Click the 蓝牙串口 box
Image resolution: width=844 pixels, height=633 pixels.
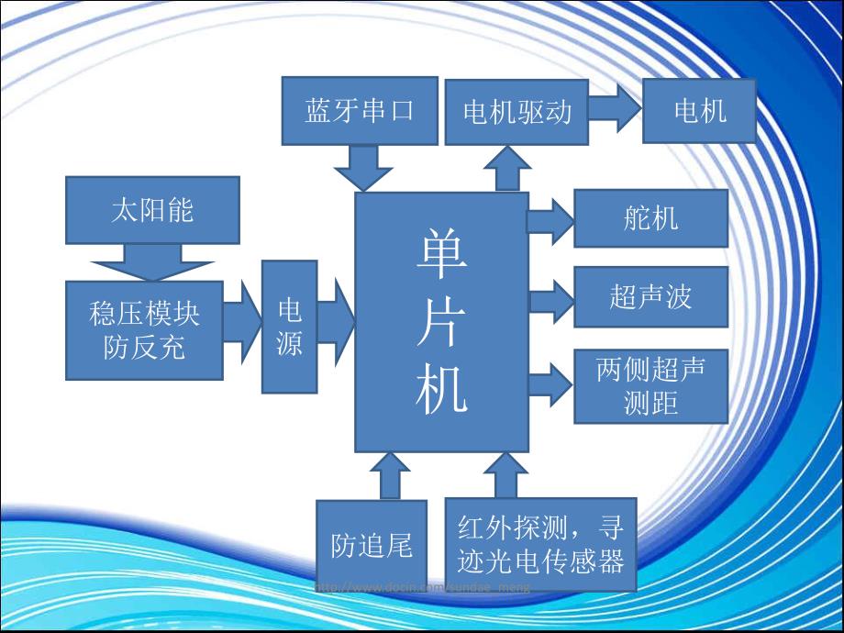(x=360, y=111)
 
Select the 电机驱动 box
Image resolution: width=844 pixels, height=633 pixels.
(x=516, y=111)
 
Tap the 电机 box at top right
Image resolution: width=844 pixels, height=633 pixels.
(x=700, y=111)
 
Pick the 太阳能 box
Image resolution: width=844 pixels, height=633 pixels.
(x=152, y=210)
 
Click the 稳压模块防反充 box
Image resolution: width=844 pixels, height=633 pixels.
(x=144, y=330)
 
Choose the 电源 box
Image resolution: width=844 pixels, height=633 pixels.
(x=290, y=327)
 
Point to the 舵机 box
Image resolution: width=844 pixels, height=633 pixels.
(x=650, y=218)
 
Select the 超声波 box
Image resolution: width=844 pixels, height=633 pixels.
(x=650, y=297)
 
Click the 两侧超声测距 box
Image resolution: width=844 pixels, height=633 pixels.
(x=650, y=385)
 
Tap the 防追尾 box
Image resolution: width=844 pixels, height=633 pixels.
(x=372, y=546)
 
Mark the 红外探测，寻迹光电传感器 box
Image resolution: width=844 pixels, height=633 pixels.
(x=540, y=546)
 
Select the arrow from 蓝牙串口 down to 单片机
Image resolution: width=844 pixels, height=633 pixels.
(x=362, y=167)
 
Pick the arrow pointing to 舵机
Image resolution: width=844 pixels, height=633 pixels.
(x=550, y=219)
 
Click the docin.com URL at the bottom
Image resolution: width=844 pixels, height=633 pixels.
(x=422, y=587)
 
